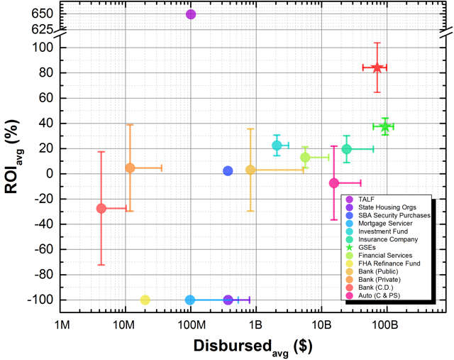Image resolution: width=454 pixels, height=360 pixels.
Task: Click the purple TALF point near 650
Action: coord(191,14)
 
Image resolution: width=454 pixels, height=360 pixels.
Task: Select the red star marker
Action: coord(377,67)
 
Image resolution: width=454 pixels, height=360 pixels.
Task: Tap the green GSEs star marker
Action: coord(384,126)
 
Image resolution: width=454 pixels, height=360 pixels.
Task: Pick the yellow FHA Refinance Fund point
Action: coord(145,300)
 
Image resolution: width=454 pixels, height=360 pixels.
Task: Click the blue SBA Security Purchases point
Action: coord(228,171)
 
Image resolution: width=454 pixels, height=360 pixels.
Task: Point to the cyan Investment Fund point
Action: coord(277,146)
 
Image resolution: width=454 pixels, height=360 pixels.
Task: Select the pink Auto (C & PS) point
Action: coord(333,182)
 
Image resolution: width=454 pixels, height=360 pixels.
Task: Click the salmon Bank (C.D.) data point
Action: coord(101,208)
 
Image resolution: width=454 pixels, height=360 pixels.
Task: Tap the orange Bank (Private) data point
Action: coord(130,168)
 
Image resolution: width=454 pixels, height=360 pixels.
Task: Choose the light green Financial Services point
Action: coord(305,158)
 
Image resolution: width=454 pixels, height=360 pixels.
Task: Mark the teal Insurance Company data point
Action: coord(346,149)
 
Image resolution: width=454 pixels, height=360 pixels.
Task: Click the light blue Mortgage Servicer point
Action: coord(190,300)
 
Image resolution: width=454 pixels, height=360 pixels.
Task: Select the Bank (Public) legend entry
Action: coord(378,272)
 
